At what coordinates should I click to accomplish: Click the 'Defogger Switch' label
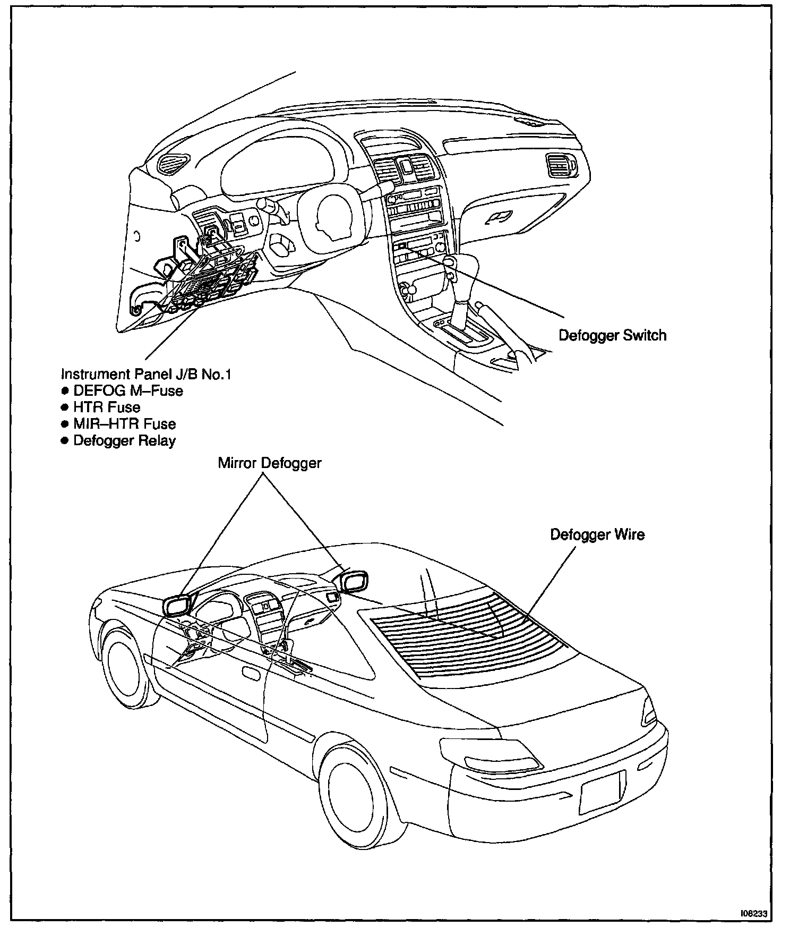(x=612, y=336)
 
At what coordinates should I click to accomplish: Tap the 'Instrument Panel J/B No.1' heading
(x=147, y=374)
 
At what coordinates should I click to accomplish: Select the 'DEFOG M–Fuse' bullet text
(x=128, y=391)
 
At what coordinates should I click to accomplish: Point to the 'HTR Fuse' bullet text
(x=107, y=407)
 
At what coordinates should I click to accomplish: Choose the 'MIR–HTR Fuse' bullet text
(x=124, y=424)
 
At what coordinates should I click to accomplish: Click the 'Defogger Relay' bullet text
(x=124, y=441)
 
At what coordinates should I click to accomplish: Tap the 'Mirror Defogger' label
(x=270, y=463)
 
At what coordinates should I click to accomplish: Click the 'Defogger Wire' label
(x=597, y=534)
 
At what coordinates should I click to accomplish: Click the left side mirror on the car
(x=177, y=605)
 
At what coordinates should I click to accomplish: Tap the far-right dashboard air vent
(x=559, y=165)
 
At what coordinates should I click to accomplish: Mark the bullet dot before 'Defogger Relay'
(x=65, y=441)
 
